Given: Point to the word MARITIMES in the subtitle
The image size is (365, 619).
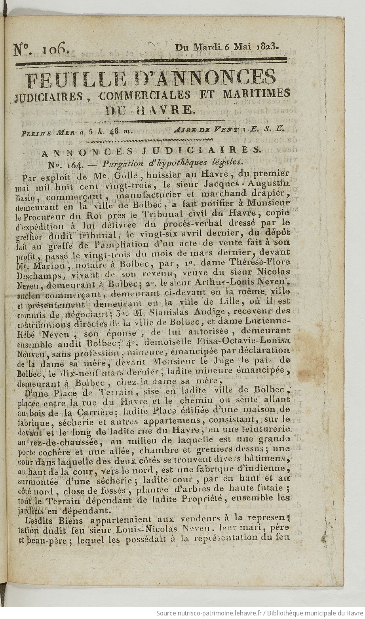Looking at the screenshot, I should (x=257, y=94).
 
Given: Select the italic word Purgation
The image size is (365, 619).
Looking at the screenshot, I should (x=111, y=162).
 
